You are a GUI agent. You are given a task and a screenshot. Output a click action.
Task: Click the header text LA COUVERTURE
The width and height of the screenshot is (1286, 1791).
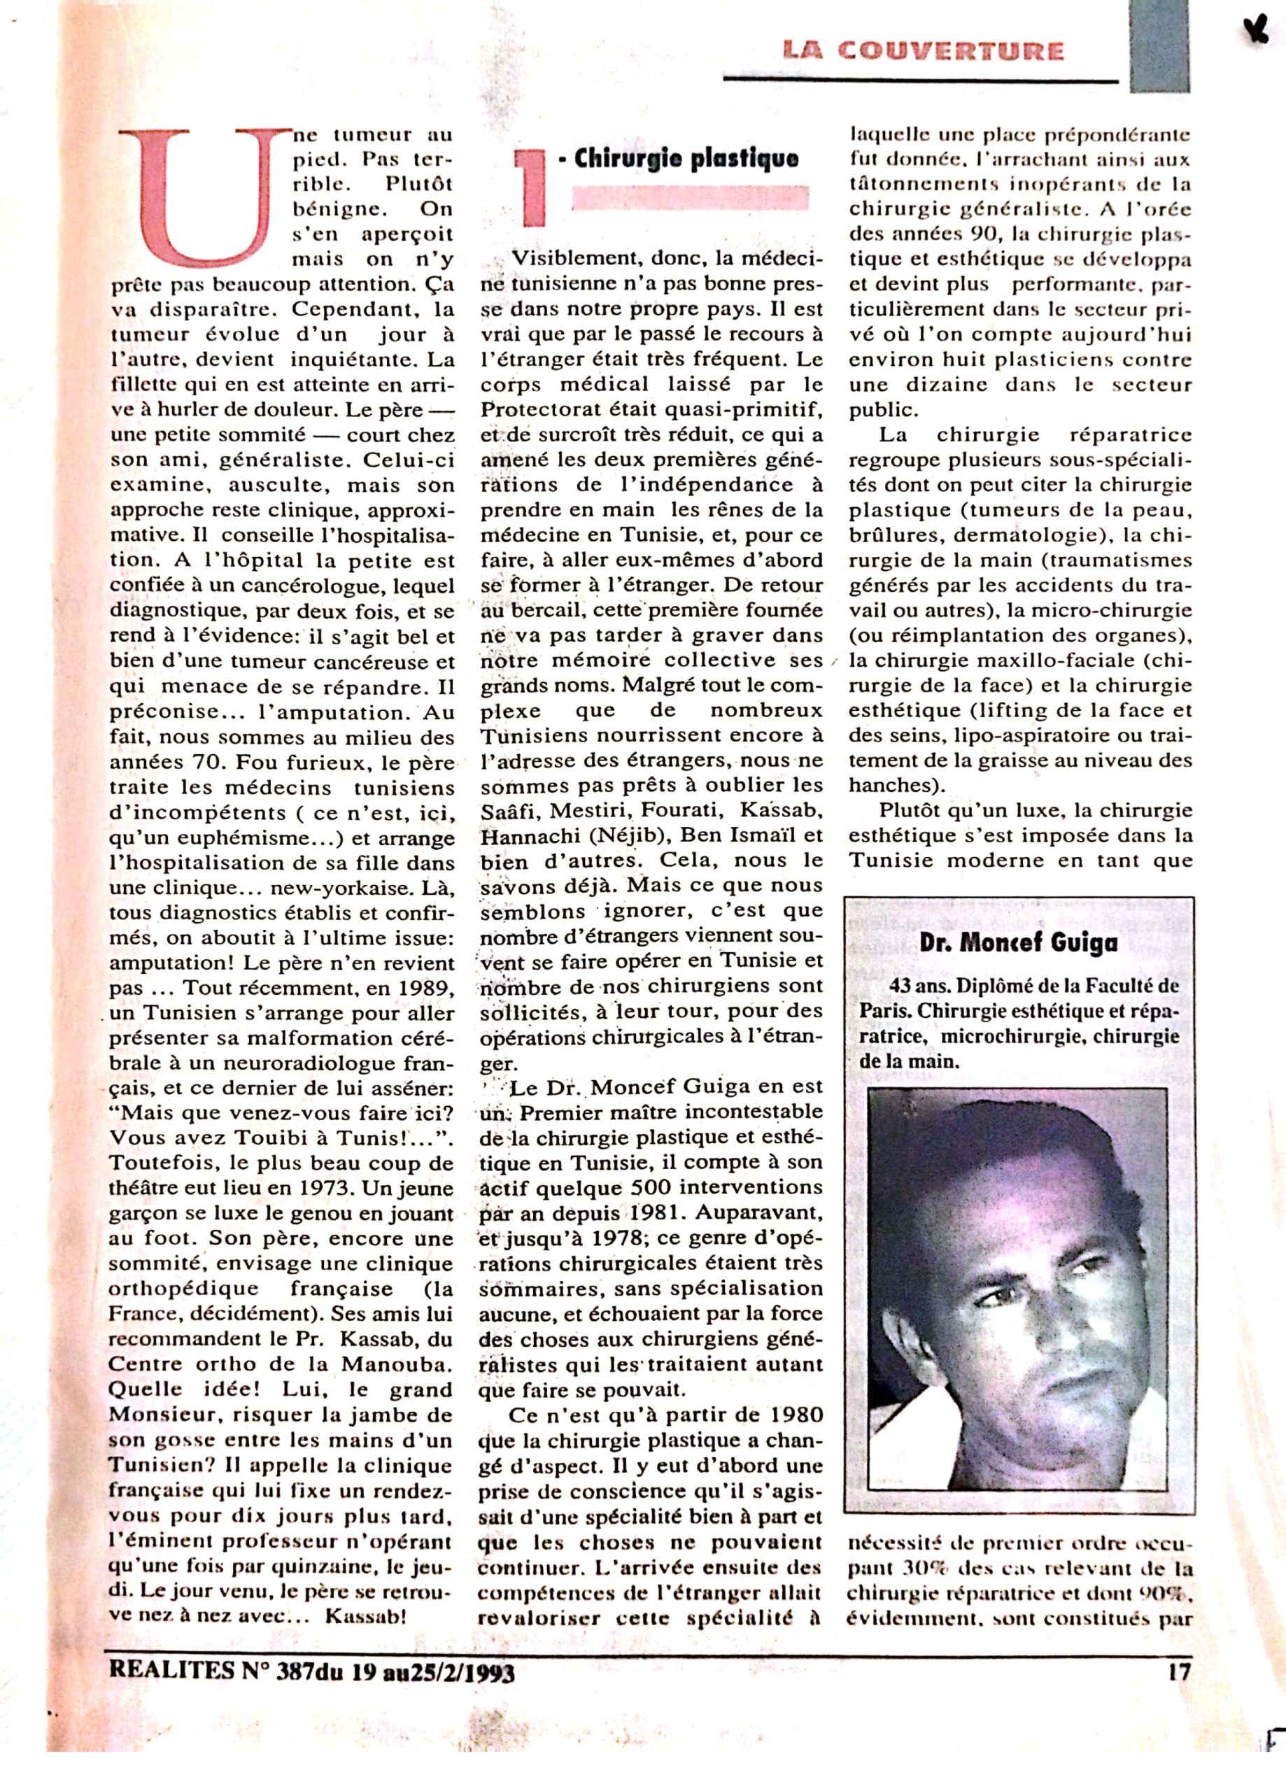pos(923,51)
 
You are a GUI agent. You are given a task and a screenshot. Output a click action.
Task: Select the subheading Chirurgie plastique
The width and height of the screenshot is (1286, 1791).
pos(685,158)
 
